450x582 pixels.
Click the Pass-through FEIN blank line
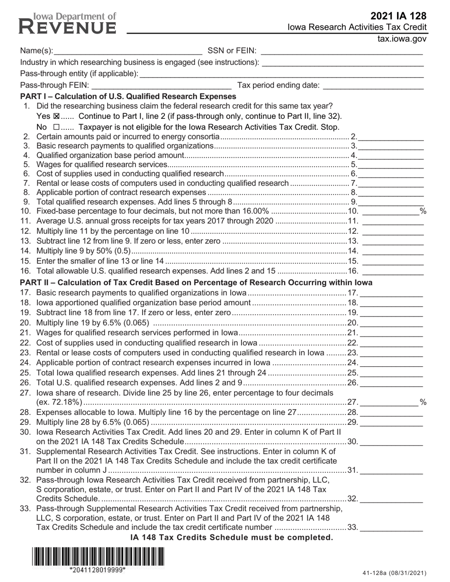pyautogui.click(x=161, y=85)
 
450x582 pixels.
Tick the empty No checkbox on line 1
pyautogui.click(x=56, y=127)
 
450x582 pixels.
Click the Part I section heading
pyautogui.click(x=128, y=97)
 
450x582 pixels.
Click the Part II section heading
pyautogui.click(x=196, y=282)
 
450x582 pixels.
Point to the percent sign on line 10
pyautogui.click(x=423, y=211)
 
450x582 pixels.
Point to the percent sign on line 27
pyautogui.click(x=423, y=402)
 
